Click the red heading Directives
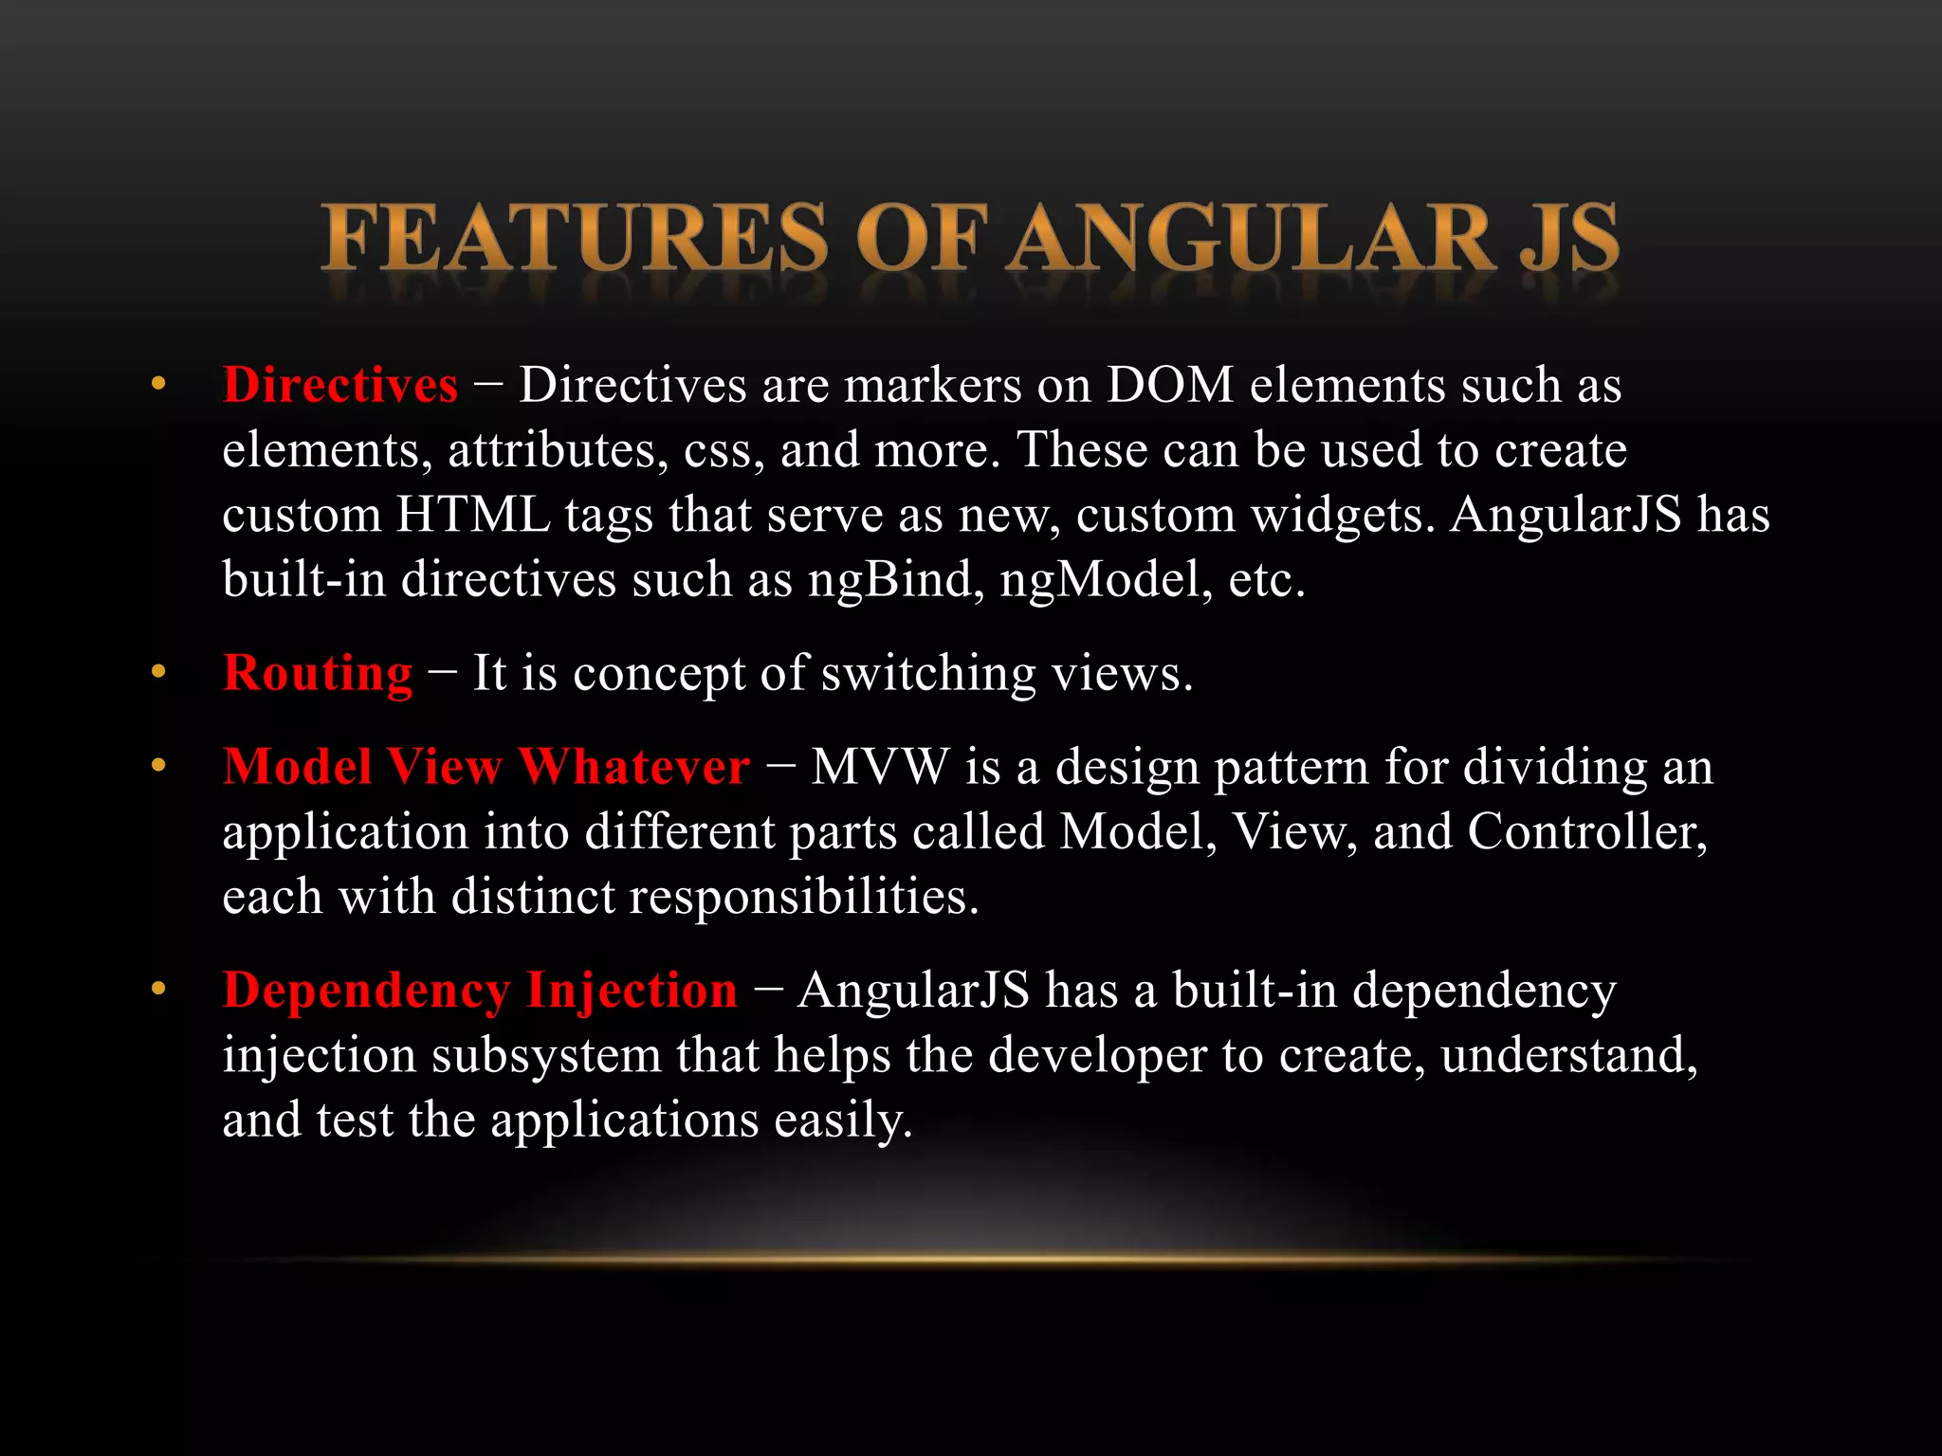click(x=339, y=386)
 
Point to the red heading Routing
click(x=318, y=674)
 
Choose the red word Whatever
click(x=633, y=767)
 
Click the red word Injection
click(x=632, y=991)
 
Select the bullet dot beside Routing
click(x=158, y=672)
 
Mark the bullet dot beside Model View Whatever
click(x=158, y=765)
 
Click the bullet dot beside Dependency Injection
click(x=158, y=989)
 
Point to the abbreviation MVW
click(x=879, y=767)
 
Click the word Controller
click(x=1586, y=832)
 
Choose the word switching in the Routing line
click(x=928, y=674)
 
